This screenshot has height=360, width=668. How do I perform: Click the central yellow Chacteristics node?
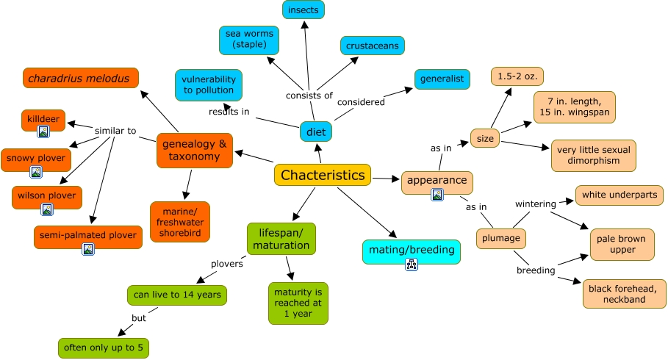coord(323,175)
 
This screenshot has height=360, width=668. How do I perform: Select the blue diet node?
coord(316,132)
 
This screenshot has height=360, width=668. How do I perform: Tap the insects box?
coord(304,10)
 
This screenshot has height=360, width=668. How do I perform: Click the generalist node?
coord(442,79)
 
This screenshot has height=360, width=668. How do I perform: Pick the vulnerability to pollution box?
coord(209,84)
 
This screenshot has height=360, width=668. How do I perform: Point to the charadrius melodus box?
coord(81,78)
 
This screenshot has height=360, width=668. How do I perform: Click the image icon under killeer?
coord(43,132)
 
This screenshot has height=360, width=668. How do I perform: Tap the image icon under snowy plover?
coord(36,172)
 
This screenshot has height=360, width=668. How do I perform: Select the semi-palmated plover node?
coord(87,236)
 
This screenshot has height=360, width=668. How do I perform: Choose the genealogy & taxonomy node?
coord(194,150)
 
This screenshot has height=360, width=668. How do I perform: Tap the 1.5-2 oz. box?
coord(517,76)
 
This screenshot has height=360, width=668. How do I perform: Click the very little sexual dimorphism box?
coord(593,155)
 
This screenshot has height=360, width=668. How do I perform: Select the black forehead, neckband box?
coord(624,293)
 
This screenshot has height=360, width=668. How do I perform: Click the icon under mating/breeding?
coord(412,264)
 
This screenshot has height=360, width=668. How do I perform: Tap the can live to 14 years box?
coord(176,295)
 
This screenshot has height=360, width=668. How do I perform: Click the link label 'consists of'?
coord(309,96)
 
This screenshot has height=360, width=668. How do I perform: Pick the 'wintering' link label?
coord(536,204)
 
